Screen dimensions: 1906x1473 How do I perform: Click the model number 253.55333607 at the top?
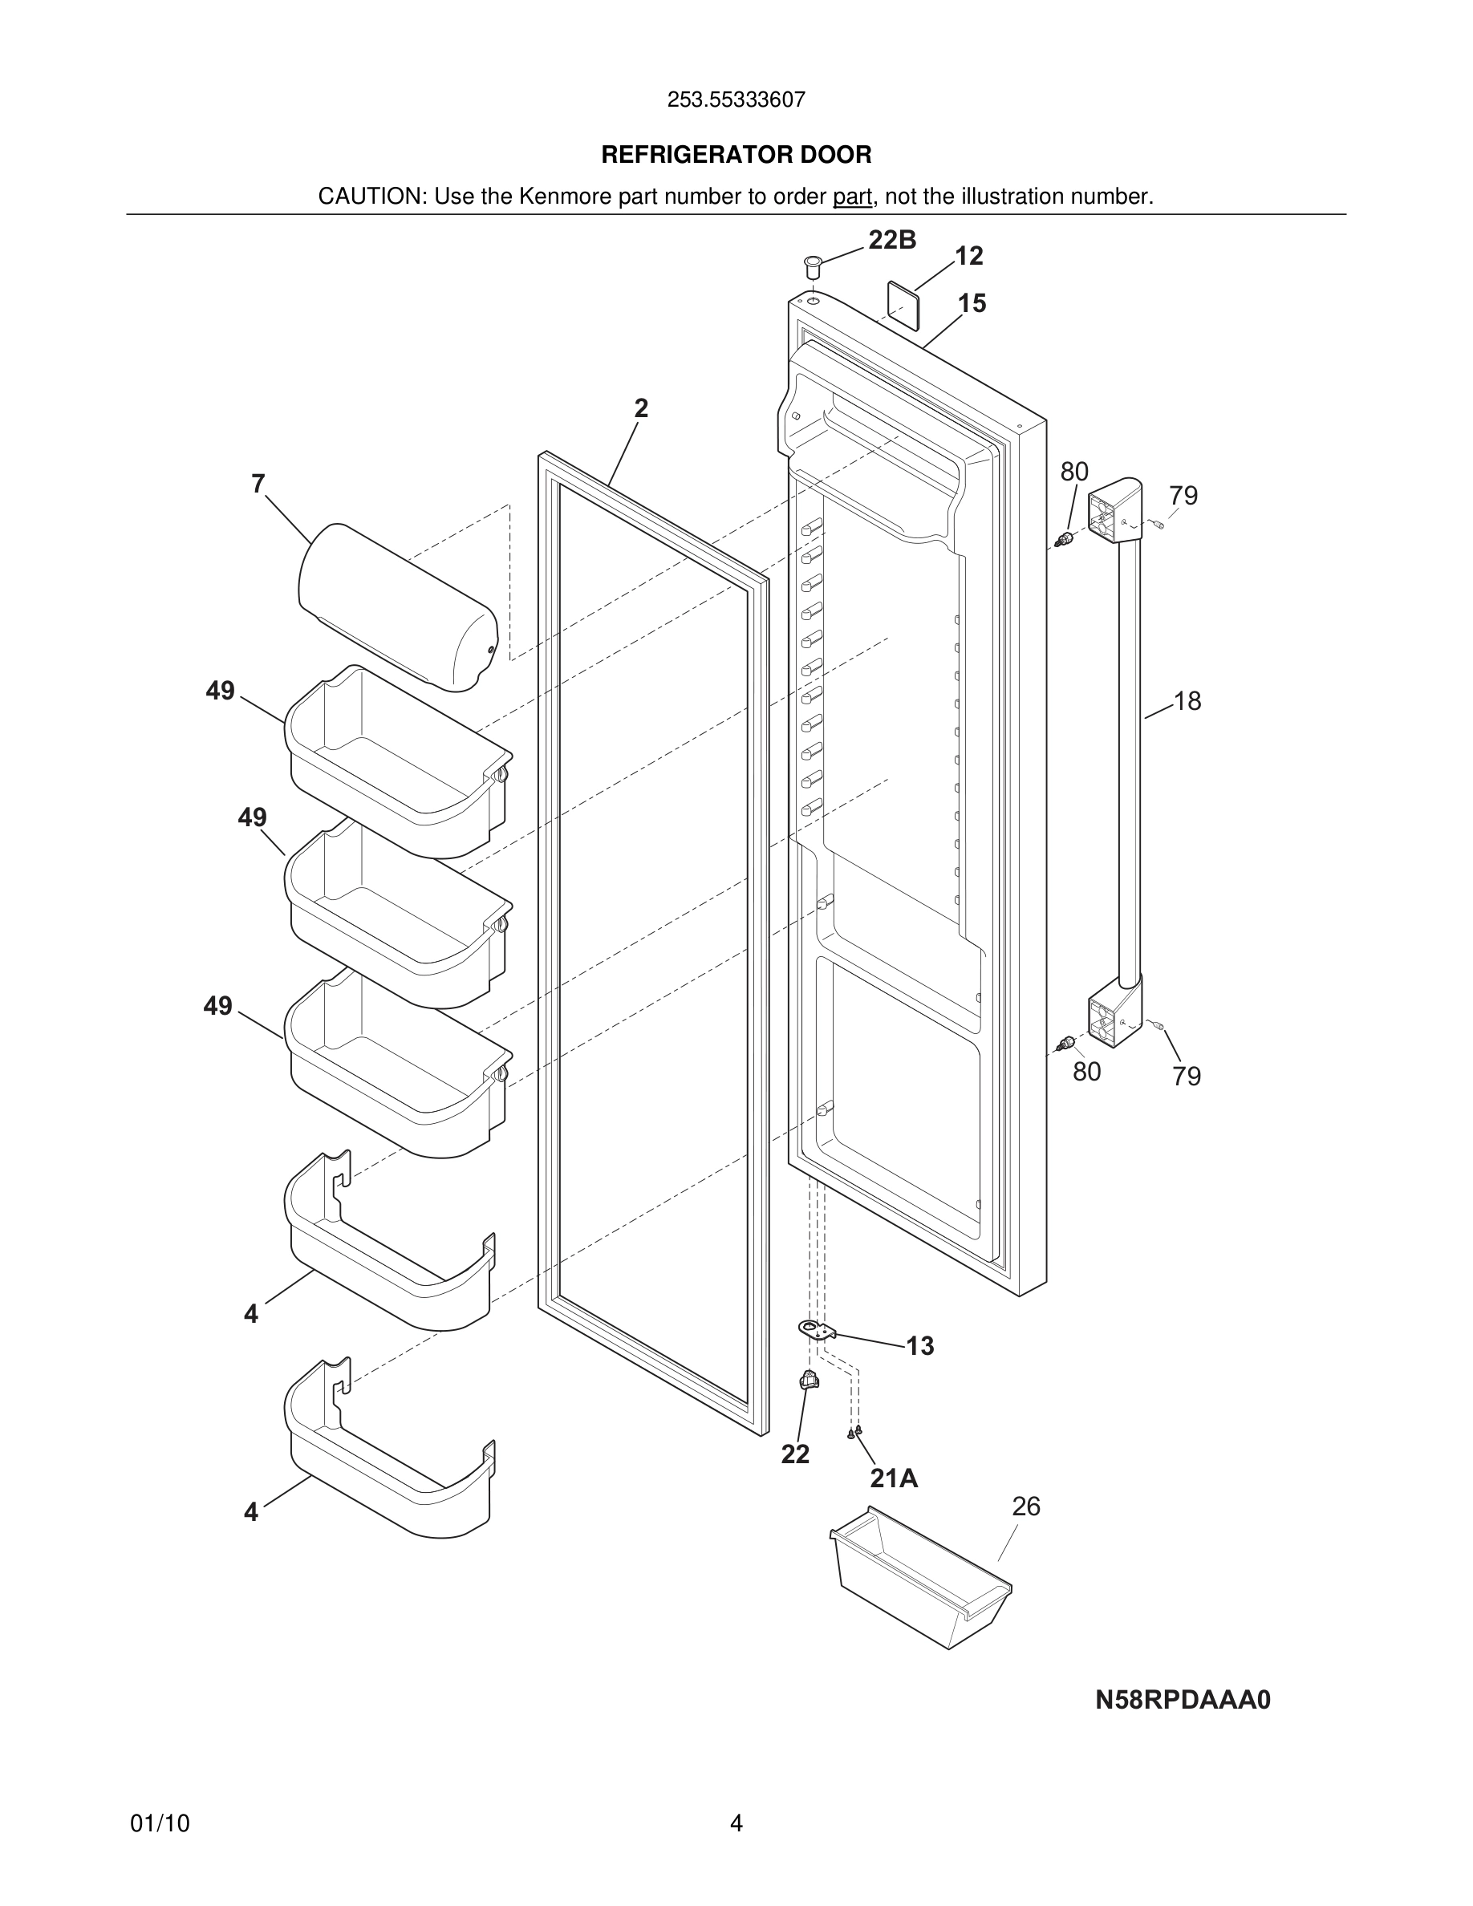pos(736,99)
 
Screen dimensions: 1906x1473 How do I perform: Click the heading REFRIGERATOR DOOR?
pos(736,155)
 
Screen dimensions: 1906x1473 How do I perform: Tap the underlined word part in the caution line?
pos(852,197)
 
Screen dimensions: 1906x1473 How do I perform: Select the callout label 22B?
pos(892,240)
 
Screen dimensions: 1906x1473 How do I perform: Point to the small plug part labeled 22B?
pos(814,264)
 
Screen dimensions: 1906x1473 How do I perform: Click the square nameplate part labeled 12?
pos(904,304)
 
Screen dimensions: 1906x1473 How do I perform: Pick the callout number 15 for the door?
pos(972,303)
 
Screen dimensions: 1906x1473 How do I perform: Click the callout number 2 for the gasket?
pos(640,408)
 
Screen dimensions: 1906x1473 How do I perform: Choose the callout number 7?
pos(258,484)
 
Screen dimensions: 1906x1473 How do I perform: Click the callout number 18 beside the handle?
pos(1187,701)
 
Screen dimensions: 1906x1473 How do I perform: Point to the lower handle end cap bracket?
pos(1114,1012)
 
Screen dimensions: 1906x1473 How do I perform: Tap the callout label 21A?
pos(894,1478)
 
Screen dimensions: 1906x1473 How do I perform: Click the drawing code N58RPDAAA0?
pos(1183,1700)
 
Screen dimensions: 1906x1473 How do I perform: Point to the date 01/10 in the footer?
pos(160,1823)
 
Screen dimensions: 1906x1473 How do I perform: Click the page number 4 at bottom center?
pos(736,1823)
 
